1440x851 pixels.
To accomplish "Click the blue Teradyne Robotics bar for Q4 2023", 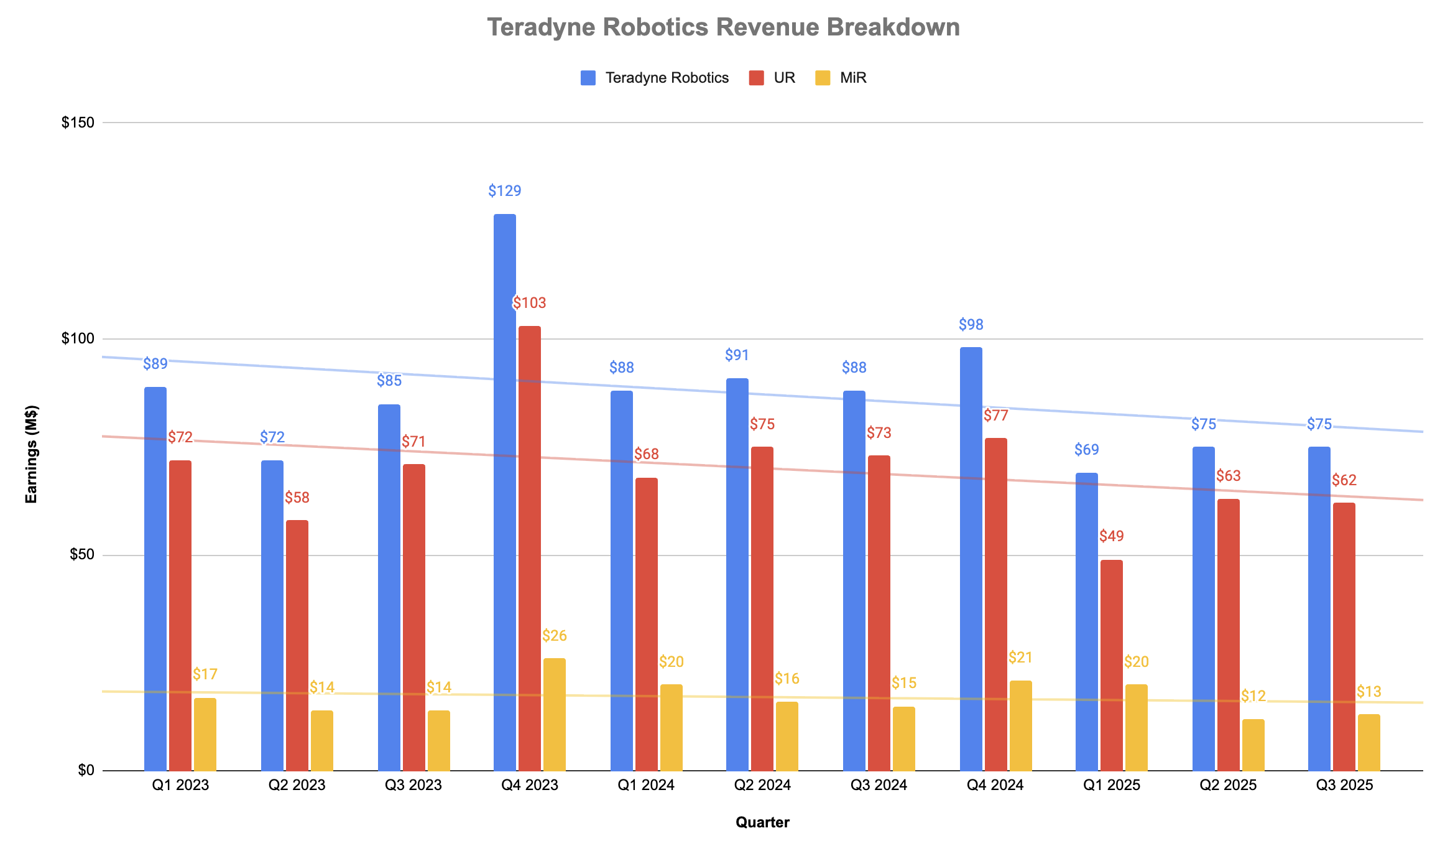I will (504, 491).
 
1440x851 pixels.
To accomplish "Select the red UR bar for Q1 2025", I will (1111, 665).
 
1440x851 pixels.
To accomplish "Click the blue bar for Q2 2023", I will (272, 615).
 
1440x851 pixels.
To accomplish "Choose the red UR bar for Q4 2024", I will (995, 604).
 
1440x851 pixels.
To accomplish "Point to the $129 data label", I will (504, 191).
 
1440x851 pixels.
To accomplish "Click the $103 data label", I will (529, 303).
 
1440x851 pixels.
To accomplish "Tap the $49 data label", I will (1111, 536).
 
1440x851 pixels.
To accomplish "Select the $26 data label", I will (554, 636).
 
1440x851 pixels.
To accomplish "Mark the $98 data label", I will (971, 325).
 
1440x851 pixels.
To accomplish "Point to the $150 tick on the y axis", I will (78, 123).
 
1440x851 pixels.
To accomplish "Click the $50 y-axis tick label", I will (81, 555).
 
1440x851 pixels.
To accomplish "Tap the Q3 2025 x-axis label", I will (1344, 785).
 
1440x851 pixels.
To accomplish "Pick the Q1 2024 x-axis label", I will (645, 785).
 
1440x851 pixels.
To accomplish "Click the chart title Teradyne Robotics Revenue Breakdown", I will (723, 27).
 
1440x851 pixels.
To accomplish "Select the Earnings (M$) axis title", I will (31, 453).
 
